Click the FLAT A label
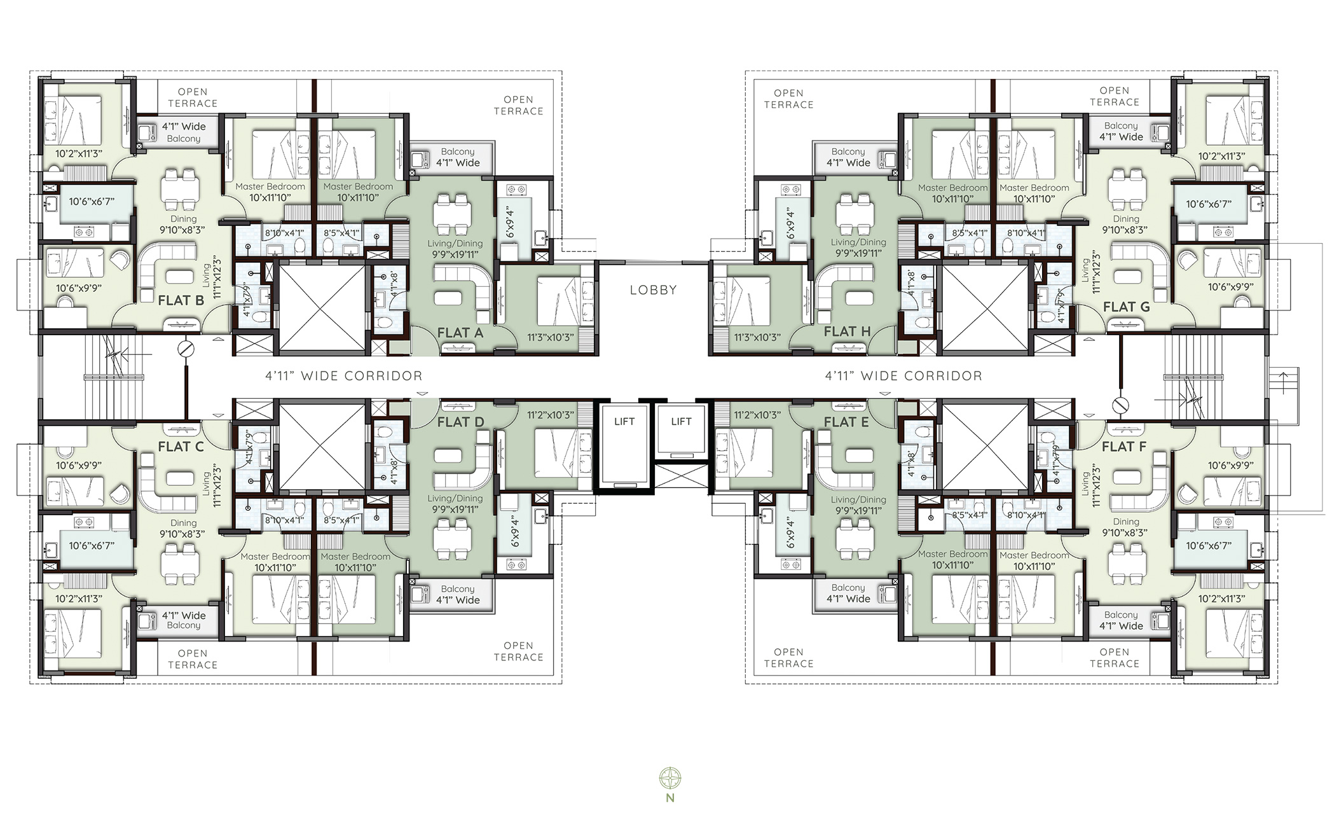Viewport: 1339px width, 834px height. tap(460, 333)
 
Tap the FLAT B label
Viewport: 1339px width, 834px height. tap(181, 300)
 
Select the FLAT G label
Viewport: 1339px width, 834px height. tap(1126, 307)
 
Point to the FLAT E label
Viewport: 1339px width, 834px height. tap(846, 422)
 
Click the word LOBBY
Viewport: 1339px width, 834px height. tap(653, 290)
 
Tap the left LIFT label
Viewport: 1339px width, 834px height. tap(624, 421)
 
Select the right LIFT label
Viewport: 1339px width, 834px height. tap(681, 421)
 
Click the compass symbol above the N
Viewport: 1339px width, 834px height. tap(670, 777)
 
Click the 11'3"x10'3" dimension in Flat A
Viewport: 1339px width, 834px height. tap(550, 337)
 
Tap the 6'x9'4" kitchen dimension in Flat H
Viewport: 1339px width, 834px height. tap(791, 222)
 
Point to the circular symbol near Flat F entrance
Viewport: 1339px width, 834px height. tap(1120, 405)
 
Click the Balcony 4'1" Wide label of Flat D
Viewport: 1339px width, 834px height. tap(457, 595)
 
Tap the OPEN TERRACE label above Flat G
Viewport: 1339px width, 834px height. tap(1114, 96)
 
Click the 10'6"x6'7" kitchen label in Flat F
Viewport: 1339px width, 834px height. tap(1208, 545)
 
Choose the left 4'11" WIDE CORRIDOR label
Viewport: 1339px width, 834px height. tap(343, 376)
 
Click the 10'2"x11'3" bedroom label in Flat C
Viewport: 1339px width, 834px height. tap(79, 599)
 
